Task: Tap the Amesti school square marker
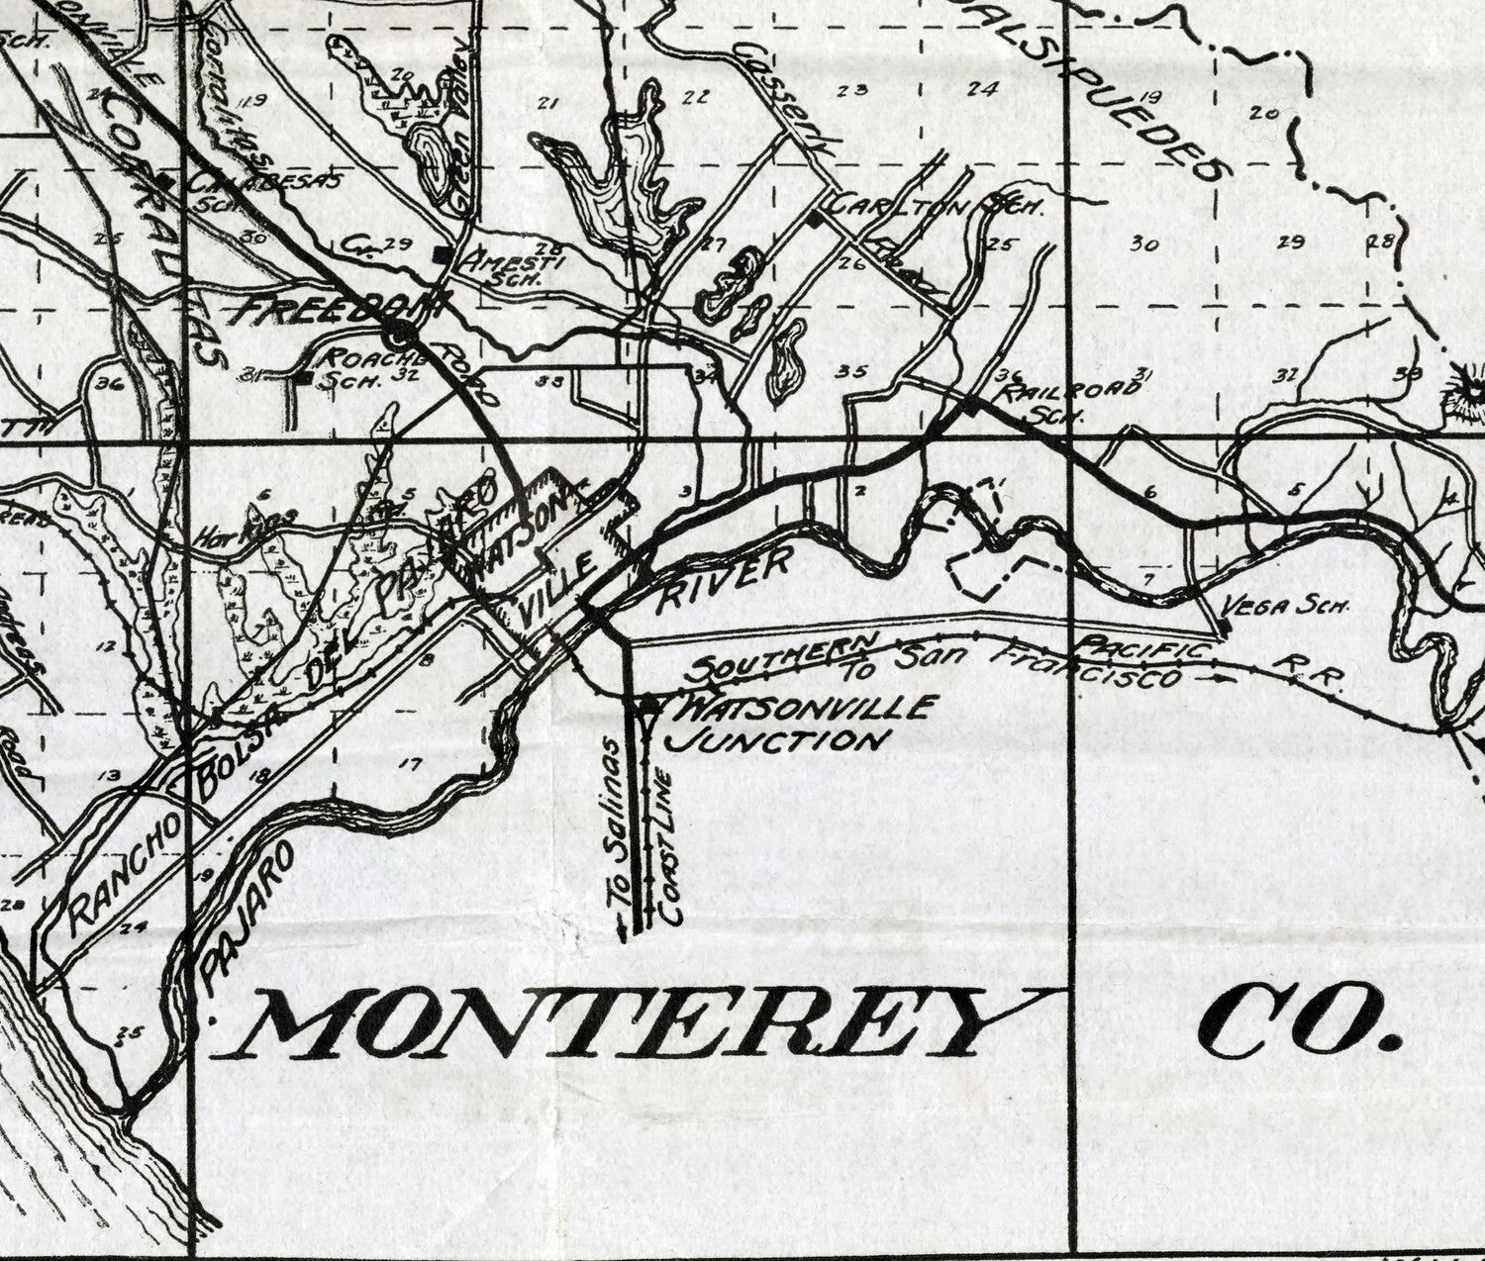pyautogui.click(x=442, y=256)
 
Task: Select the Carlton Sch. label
pyautogui.click(x=936, y=207)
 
